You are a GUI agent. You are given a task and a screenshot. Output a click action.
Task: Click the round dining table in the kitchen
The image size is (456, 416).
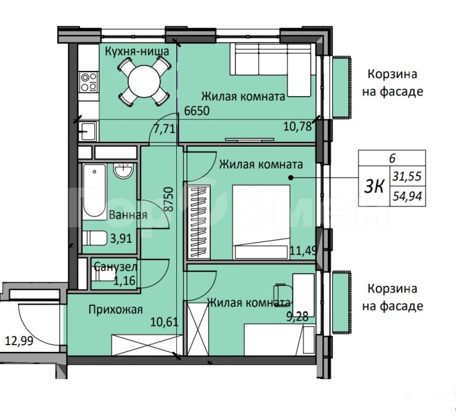pyautogui.click(x=144, y=81)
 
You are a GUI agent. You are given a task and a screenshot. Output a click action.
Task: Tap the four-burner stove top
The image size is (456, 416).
pyautogui.click(x=89, y=82)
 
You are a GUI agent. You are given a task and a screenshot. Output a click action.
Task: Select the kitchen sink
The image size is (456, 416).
pyautogui.click(x=88, y=131)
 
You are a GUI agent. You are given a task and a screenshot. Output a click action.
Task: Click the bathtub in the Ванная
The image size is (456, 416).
pyautogui.click(x=94, y=191)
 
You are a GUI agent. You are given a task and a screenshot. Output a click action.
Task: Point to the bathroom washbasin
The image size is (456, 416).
pyautogui.click(x=124, y=171)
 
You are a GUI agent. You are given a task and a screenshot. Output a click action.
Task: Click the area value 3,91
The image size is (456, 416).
pyautogui.click(x=121, y=239)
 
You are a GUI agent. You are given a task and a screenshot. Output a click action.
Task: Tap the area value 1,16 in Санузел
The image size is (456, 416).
pyautogui.click(x=124, y=281)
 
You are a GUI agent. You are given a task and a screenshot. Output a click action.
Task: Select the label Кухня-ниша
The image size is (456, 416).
pyautogui.click(x=137, y=52)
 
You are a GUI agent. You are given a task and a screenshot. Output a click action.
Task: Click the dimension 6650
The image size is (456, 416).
pyautogui.click(x=197, y=111)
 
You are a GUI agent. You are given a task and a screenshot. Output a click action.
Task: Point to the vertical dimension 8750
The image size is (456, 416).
pyautogui.click(x=169, y=199)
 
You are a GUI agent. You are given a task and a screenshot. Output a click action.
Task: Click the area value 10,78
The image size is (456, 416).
pyautogui.click(x=298, y=126)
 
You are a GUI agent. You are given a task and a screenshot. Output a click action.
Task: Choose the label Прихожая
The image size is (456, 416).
pyautogui.click(x=116, y=309)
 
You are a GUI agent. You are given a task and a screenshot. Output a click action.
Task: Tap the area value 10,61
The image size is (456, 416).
pyautogui.click(x=165, y=322)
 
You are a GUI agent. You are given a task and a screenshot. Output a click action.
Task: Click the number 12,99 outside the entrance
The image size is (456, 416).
pyautogui.click(x=19, y=341)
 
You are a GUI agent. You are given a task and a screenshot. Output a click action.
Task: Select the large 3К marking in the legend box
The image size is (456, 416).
pyautogui.click(x=374, y=187)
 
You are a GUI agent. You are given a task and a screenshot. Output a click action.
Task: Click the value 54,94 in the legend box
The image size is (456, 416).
pyautogui.click(x=407, y=197)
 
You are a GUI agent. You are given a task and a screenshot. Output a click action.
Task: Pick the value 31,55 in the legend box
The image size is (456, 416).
pyautogui.click(x=407, y=176)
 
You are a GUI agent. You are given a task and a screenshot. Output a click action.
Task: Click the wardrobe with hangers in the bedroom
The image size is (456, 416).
pyautogui.click(x=199, y=222)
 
